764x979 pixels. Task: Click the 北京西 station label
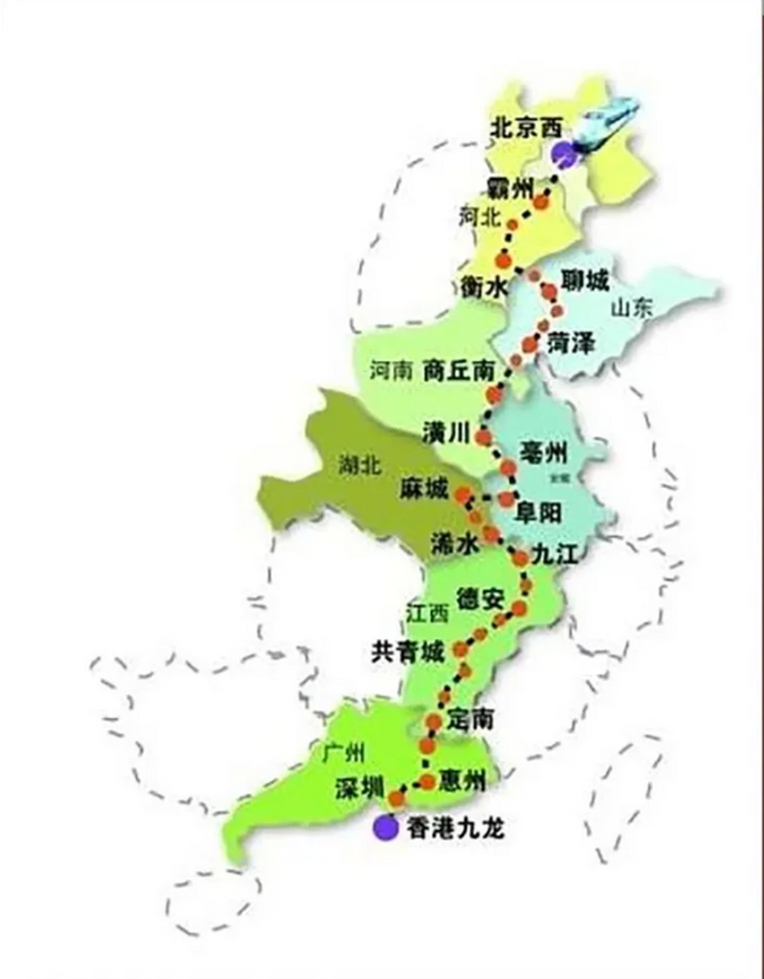coord(525,128)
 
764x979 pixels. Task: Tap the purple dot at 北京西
coord(564,154)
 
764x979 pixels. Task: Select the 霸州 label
coord(509,187)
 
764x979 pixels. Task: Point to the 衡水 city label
coord(484,288)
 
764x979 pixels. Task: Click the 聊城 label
coord(585,281)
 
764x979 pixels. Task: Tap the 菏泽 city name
coord(571,343)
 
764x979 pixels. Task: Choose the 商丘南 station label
coord(458,372)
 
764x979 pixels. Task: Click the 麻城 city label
coord(424,489)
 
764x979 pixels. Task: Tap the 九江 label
coord(554,554)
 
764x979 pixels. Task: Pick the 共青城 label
coord(408,652)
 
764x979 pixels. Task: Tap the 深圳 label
coord(359,789)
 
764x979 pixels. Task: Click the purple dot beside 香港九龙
coord(385,827)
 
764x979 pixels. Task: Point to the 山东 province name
coord(632,308)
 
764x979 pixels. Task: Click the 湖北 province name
coord(359,466)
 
